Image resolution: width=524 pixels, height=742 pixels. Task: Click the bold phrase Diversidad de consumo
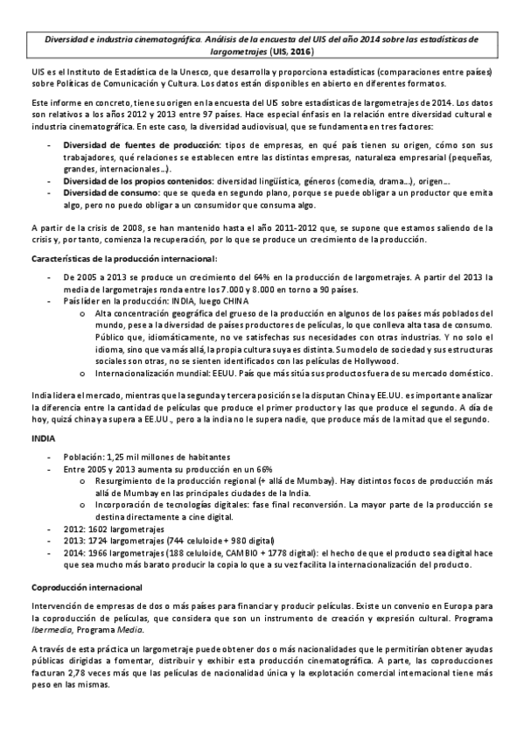pos(110,192)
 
